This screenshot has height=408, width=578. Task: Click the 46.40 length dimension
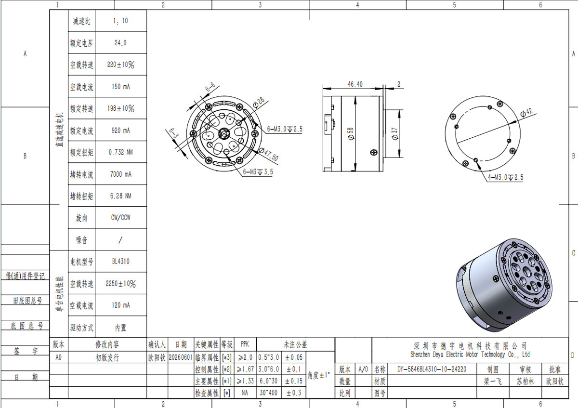355,84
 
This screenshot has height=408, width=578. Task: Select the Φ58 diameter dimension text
351,134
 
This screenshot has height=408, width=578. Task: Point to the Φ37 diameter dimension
394,134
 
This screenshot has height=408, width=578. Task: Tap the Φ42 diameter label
526,113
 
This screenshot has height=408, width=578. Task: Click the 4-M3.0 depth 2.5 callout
505,177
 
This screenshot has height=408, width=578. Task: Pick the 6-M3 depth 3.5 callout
258,172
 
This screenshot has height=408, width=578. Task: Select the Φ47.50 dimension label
268,154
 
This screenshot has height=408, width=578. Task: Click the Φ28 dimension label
259,102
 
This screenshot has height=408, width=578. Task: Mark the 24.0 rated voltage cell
120,43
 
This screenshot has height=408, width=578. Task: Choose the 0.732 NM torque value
120,152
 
